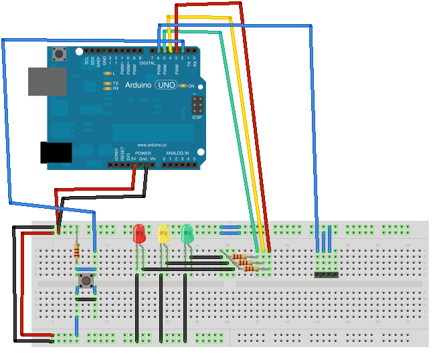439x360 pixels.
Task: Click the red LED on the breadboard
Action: click(139, 234)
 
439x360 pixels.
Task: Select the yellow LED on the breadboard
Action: click(163, 234)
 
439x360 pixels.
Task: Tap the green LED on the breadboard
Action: click(187, 234)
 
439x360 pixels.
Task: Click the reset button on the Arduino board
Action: click(61, 54)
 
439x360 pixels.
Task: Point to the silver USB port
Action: click(47, 81)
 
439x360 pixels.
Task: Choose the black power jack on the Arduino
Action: click(56, 152)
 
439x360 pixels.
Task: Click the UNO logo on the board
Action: click(166, 86)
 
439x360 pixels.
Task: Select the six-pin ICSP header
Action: click(197, 105)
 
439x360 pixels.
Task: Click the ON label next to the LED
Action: click(191, 86)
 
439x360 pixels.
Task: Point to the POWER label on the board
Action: click(143, 153)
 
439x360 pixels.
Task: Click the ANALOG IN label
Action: click(177, 153)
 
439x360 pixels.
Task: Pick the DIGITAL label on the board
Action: click(147, 64)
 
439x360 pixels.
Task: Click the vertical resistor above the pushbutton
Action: click(78, 252)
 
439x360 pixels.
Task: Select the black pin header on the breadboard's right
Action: click(327, 274)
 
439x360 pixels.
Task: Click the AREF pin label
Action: click(98, 60)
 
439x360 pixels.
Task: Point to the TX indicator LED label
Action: click(115, 83)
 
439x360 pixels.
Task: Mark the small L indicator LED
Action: click(106, 72)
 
